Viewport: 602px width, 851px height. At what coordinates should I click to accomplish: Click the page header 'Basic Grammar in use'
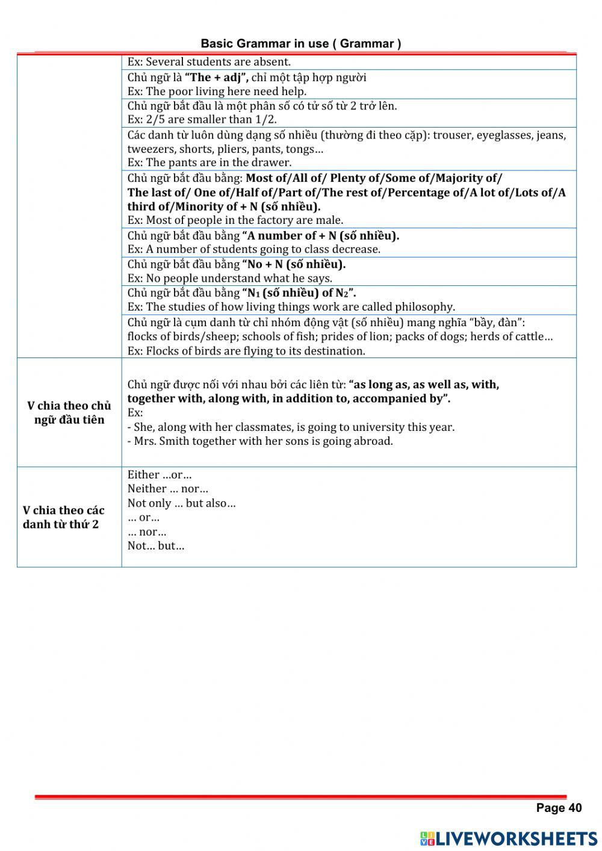301,43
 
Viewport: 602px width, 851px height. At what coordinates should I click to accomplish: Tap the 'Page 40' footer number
559,808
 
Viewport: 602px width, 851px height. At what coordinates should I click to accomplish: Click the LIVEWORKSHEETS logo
509,838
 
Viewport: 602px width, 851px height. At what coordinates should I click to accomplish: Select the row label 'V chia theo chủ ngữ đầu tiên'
69,412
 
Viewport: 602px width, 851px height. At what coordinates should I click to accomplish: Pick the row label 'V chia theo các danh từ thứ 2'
63,517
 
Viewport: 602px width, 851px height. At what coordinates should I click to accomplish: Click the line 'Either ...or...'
160,474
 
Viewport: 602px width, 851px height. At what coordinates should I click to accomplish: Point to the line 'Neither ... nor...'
167,489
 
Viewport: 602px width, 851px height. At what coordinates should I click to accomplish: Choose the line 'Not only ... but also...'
181,503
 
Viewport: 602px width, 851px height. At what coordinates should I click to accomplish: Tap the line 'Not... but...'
155,546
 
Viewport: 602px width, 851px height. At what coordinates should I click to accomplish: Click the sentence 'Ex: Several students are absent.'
208,61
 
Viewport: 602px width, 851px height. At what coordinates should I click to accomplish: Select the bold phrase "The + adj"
216,77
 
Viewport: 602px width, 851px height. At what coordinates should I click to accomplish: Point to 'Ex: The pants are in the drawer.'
209,162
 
